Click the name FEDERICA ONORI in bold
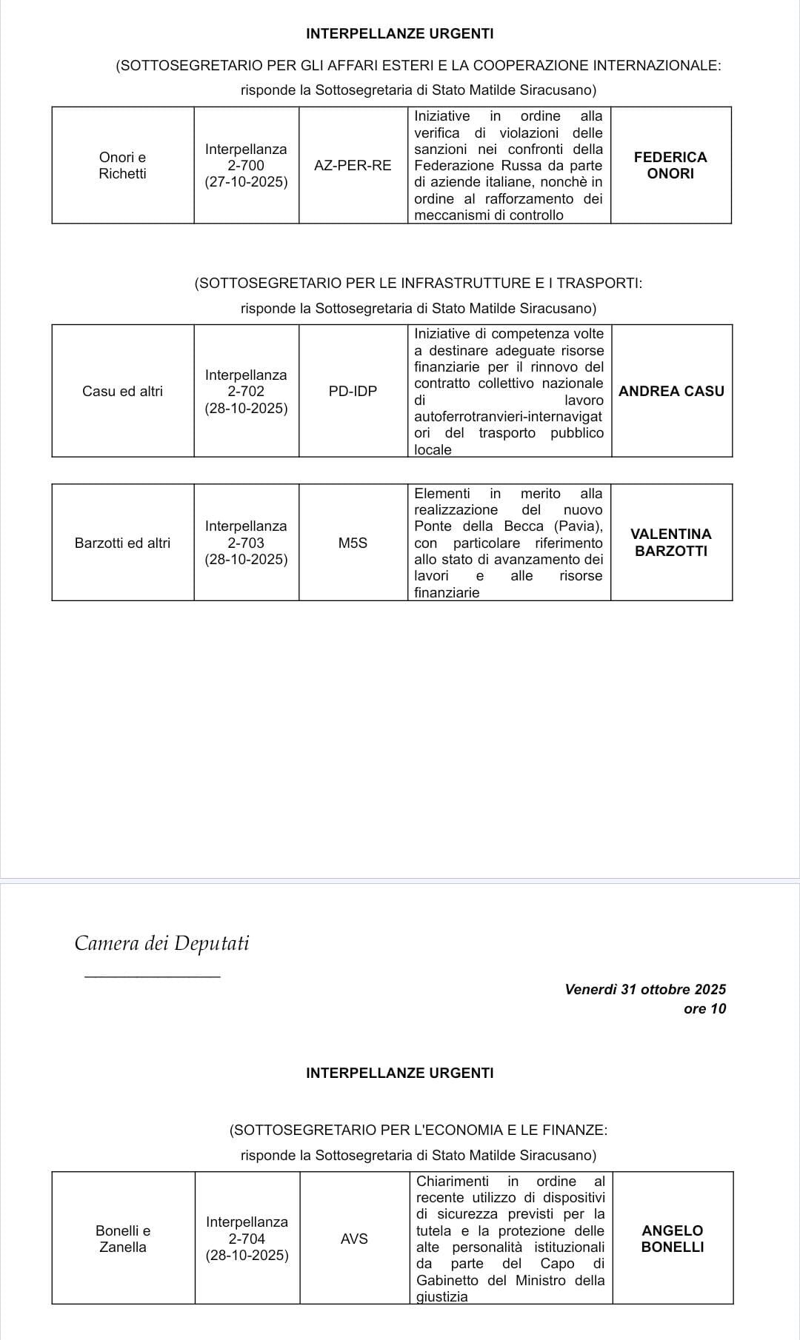click(670, 165)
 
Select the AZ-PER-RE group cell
click(353, 166)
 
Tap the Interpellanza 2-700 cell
click(246, 165)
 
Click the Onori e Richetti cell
click(122, 165)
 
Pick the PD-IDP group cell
click(353, 391)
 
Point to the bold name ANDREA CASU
click(671, 391)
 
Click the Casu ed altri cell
click(122, 391)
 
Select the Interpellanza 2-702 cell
click(246, 391)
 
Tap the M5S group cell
click(353, 543)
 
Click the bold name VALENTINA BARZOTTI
click(671, 542)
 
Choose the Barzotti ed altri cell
click(122, 543)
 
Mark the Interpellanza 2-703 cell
click(246, 542)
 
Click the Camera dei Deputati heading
click(161, 943)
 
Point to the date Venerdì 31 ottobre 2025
click(645, 989)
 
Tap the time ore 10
click(704, 1008)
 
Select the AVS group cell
click(354, 1239)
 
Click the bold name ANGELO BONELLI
click(672, 1239)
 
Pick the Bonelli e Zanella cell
click(123, 1239)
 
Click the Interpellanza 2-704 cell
click(247, 1239)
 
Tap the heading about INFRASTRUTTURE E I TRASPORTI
click(418, 283)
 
